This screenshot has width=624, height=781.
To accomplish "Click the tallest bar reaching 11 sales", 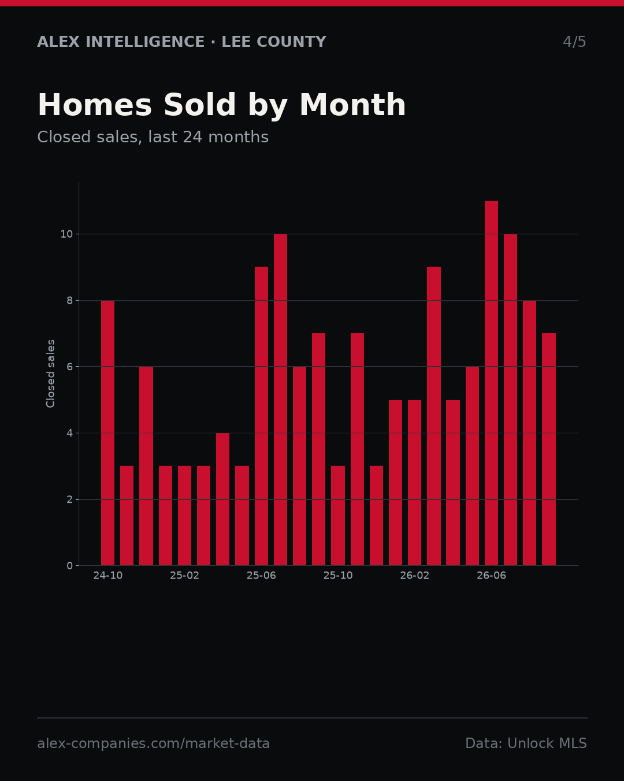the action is click(x=491, y=383).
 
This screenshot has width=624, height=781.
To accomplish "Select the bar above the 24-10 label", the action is click(x=107, y=433).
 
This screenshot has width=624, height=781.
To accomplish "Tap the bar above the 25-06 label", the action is click(x=261, y=417).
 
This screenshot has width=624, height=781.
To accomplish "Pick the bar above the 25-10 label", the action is click(x=337, y=515).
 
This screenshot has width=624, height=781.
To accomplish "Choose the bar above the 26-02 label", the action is click(x=414, y=482).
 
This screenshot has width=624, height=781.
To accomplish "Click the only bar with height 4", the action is click(x=222, y=499).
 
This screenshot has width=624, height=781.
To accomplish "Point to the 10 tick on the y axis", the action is click(x=66, y=234).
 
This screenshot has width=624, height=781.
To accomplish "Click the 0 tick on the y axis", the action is click(x=69, y=566).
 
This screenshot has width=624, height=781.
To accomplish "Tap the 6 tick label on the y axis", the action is click(x=69, y=367).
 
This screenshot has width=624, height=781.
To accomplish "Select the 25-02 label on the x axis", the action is click(x=184, y=576).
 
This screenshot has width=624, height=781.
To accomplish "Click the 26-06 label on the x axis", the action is click(x=491, y=576).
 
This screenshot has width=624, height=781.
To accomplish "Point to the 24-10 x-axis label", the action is click(x=107, y=576).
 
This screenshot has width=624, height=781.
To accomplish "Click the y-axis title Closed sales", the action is click(x=50, y=374).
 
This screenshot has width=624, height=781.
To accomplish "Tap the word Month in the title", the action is click(x=352, y=105).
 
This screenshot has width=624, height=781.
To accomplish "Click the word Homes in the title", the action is click(x=95, y=105).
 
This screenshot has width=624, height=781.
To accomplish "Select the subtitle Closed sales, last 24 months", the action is click(x=153, y=137).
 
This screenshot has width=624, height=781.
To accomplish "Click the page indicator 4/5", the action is click(x=574, y=42).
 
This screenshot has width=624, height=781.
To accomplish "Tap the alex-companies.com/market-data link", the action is click(x=153, y=743).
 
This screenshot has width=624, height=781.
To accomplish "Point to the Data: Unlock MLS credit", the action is click(x=526, y=743).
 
